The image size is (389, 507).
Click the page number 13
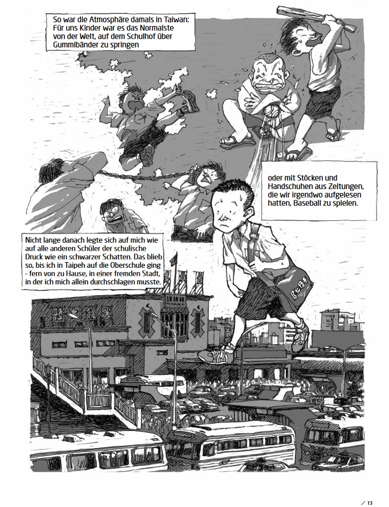pyautogui.click(x=370, y=502)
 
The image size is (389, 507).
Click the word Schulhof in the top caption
pyautogui.click(x=133, y=36)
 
